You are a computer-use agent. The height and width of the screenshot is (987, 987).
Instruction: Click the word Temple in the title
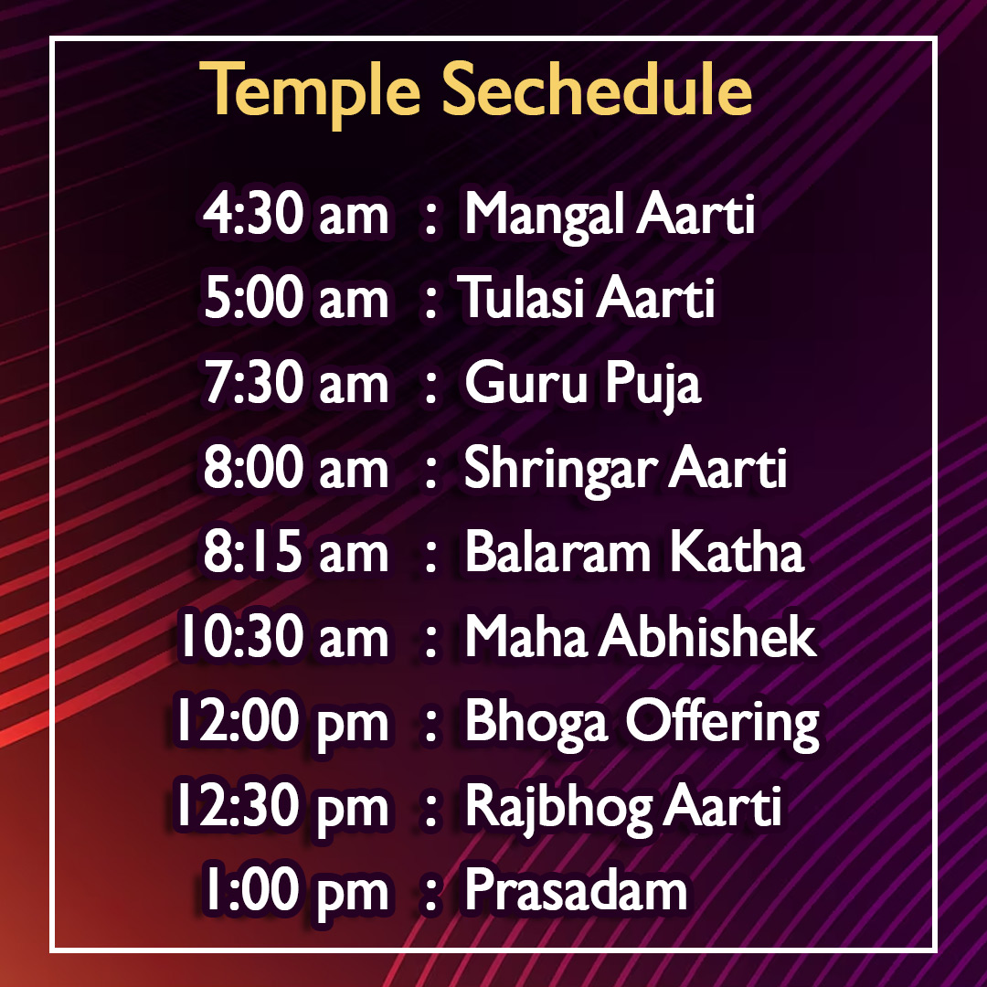click(310, 91)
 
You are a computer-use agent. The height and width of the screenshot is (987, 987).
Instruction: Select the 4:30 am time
click(295, 214)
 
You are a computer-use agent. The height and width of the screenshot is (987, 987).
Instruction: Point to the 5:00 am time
click(296, 298)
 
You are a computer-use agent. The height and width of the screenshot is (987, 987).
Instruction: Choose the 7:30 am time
click(296, 383)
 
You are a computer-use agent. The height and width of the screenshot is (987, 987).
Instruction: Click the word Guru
click(525, 382)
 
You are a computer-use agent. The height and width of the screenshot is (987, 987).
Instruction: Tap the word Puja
click(653, 386)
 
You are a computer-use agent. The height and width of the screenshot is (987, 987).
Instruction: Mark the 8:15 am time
click(295, 552)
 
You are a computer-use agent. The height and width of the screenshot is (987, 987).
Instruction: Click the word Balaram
click(557, 551)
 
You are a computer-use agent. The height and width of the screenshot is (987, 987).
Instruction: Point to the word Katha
click(738, 551)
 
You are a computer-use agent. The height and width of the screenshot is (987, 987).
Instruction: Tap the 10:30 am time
click(284, 636)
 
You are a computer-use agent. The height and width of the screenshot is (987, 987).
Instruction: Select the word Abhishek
click(707, 636)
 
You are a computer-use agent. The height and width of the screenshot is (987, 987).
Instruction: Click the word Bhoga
click(537, 724)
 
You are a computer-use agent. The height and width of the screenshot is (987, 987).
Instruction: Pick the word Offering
click(723, 724)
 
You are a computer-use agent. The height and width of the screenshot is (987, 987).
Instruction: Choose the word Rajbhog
click(558, 810)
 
